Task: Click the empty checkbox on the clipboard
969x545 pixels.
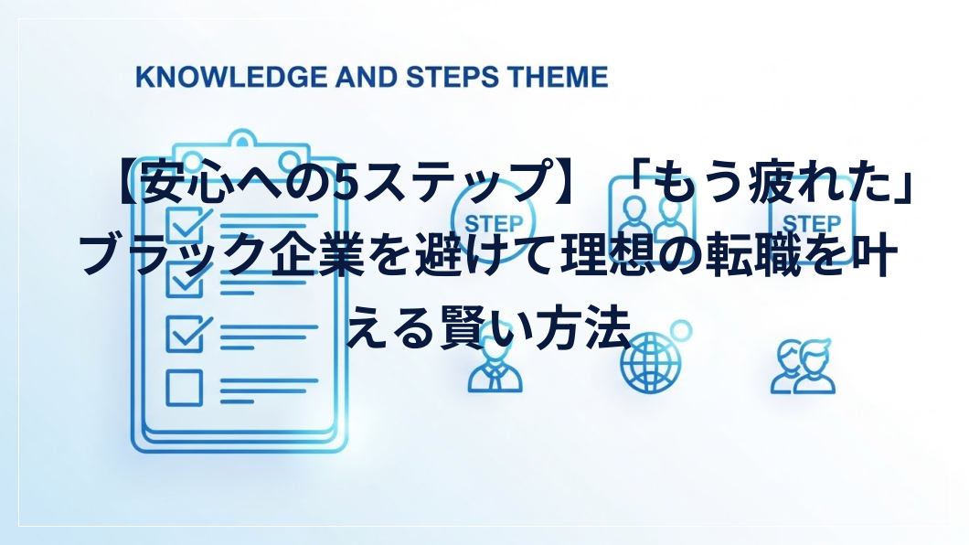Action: click(184, 388)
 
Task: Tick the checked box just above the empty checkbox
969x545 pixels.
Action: click(186, 335)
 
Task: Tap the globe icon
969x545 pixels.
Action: click(650, 362)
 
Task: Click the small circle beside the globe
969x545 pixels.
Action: click(681, 330)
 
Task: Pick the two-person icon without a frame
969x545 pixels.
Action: click(803, 367)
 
